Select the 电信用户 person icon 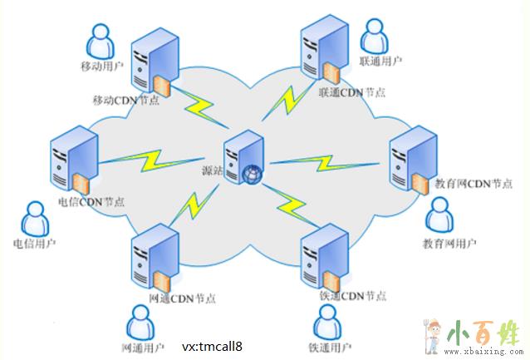tap(34, 219)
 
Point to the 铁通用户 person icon tap(329, 321)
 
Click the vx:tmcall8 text tap(212, 344)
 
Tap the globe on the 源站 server tap(252, 174)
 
